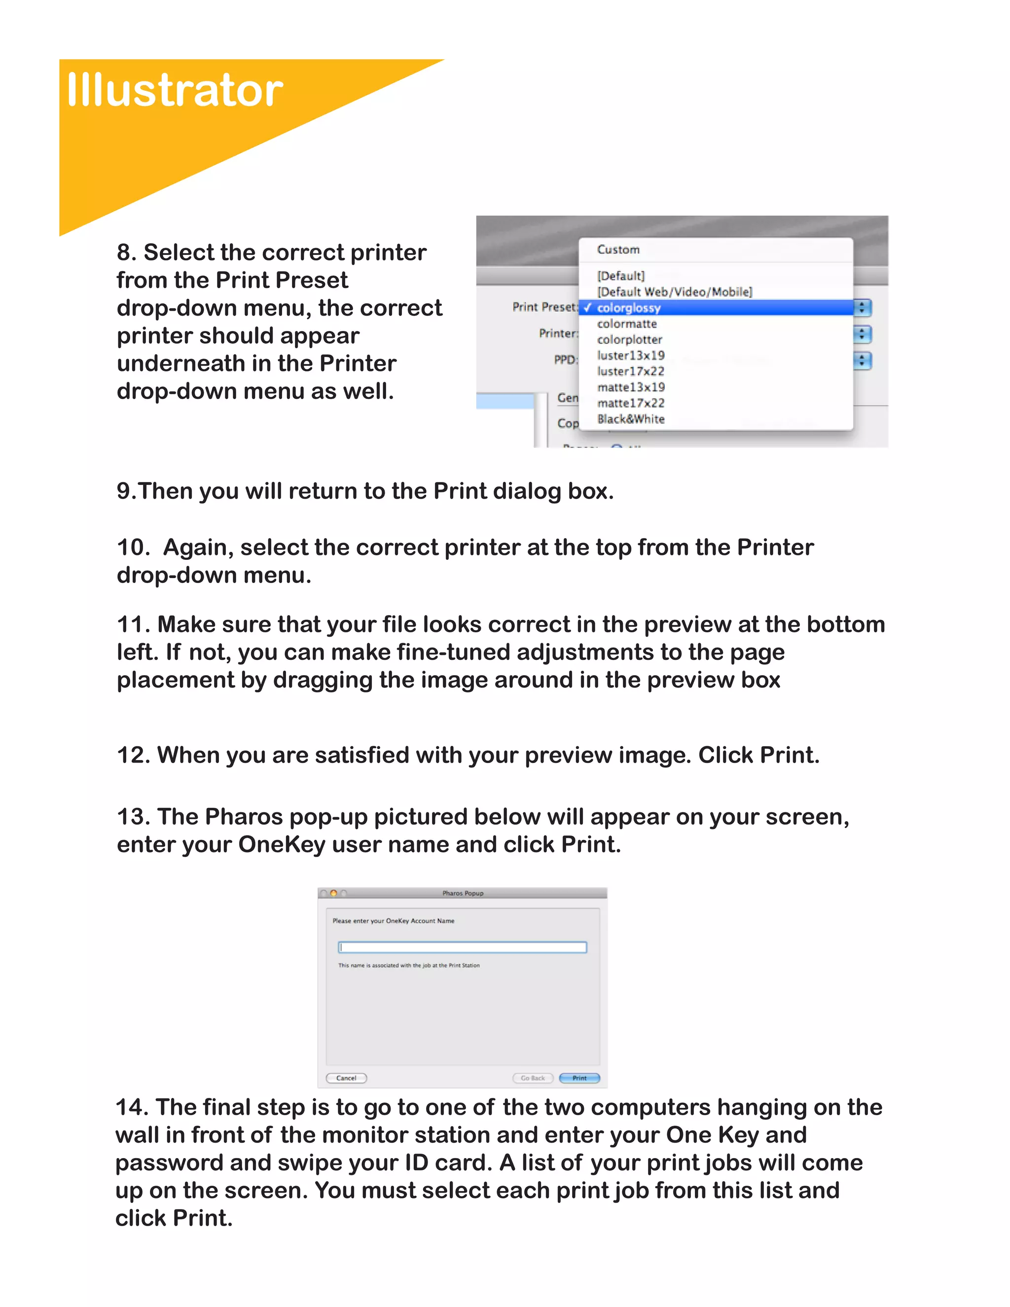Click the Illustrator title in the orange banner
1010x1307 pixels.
(174, 90)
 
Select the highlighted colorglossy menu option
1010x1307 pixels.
(628, 308)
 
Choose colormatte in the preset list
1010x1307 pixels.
(626, 324)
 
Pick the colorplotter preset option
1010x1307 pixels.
(629, 339)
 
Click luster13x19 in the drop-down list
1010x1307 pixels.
(630, 356)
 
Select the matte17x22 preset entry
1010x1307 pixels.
(630, 403)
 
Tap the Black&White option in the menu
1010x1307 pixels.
(630, 419)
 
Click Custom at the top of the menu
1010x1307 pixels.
(617, 250)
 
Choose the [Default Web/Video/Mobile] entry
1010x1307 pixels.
(674, 292)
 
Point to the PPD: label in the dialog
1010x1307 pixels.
(565, 360)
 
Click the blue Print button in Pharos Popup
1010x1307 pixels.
(578, 1078)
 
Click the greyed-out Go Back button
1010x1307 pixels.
(532, 1078)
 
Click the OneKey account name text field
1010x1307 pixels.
(462, 947)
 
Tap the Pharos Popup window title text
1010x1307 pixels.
(463, 893)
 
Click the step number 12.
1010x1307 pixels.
(133, 755)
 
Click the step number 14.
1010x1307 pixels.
(132, 1107)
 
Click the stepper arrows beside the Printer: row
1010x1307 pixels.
(862, 334)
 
